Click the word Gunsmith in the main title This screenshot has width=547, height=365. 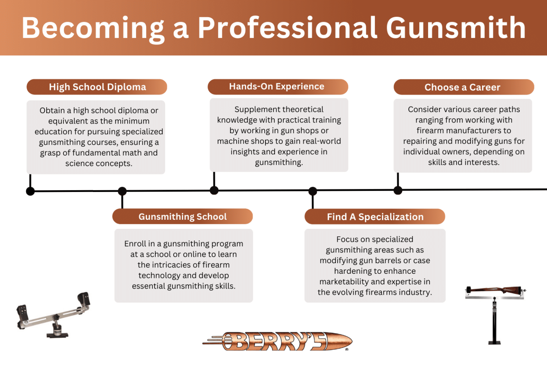coord(456,28)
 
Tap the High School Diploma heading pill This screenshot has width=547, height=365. coord(97,87)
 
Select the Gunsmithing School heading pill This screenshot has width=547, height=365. coord(182,217)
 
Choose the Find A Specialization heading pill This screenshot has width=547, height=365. coord(375,217)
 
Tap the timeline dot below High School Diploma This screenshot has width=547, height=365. coord(30,191)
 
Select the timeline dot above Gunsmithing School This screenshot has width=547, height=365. coord(122,191)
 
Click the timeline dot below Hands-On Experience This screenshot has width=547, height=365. coord(214,190)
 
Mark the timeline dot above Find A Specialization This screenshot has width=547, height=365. coord(313,191)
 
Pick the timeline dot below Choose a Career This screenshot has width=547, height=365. coord(398,190)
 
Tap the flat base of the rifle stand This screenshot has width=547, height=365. coord(494,343)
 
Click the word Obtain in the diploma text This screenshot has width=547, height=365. coord(52,111)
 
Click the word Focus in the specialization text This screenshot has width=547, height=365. coord(347,240)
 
